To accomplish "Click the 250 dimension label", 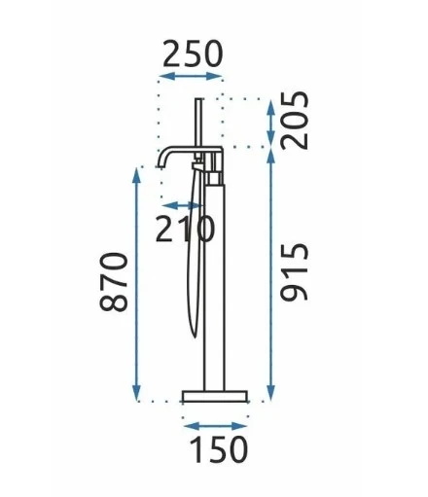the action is [193, 53].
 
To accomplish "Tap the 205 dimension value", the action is [295, 121].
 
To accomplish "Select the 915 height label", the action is [295, 272].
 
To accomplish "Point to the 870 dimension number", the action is [114, 282].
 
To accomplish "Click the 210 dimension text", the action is [185, 229].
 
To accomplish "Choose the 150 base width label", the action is [219, 449].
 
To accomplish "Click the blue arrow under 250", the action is [192, 77].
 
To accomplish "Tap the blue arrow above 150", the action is [216, 426].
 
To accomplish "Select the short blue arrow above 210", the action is [182, 205].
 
